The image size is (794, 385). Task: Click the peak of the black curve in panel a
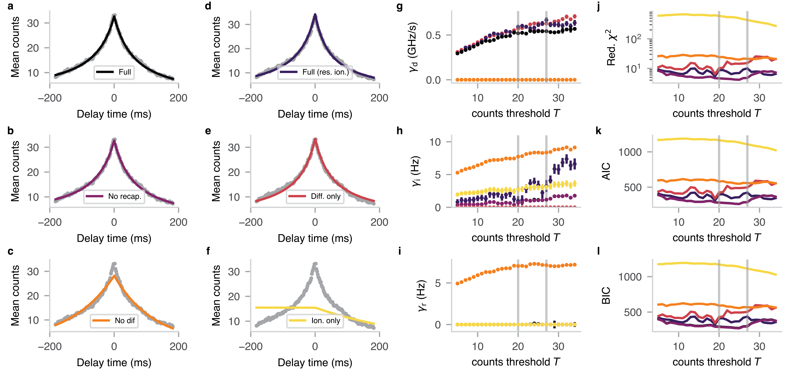point(114,16)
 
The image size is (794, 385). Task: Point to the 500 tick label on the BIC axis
point(633,312)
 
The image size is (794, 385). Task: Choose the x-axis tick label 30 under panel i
point(558,347)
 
